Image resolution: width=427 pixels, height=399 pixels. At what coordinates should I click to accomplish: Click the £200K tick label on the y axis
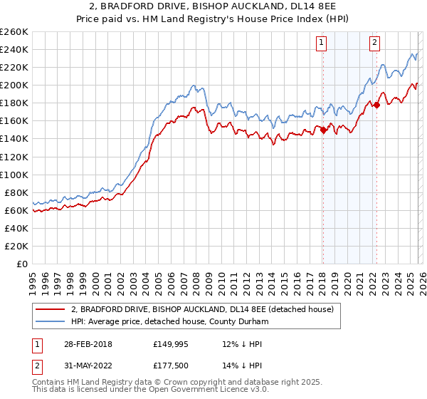[14, 85]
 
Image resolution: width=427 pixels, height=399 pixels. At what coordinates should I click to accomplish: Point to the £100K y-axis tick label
[14, 175]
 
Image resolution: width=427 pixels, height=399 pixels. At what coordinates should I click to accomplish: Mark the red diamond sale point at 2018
[323, 130]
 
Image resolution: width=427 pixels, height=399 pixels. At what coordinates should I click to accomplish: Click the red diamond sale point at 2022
[376, 105]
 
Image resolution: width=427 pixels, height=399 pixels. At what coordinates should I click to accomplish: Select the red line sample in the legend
[50, 309]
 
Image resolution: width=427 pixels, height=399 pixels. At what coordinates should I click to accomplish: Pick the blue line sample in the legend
[50, 321]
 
